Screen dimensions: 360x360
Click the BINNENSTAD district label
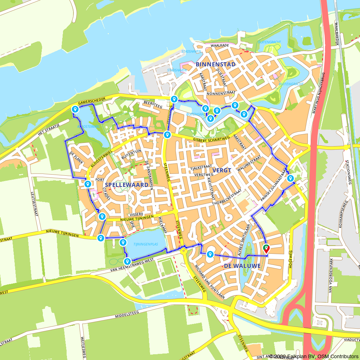216,64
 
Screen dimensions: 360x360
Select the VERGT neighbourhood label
222,170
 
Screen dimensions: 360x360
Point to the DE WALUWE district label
242,266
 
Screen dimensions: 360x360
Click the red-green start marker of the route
266,249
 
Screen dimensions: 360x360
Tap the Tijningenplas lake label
146,244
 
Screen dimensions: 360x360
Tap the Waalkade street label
220,46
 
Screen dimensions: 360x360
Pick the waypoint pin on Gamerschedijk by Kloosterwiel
75,109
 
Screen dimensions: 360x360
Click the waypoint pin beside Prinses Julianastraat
290,178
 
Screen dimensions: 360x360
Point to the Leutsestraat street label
35,204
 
